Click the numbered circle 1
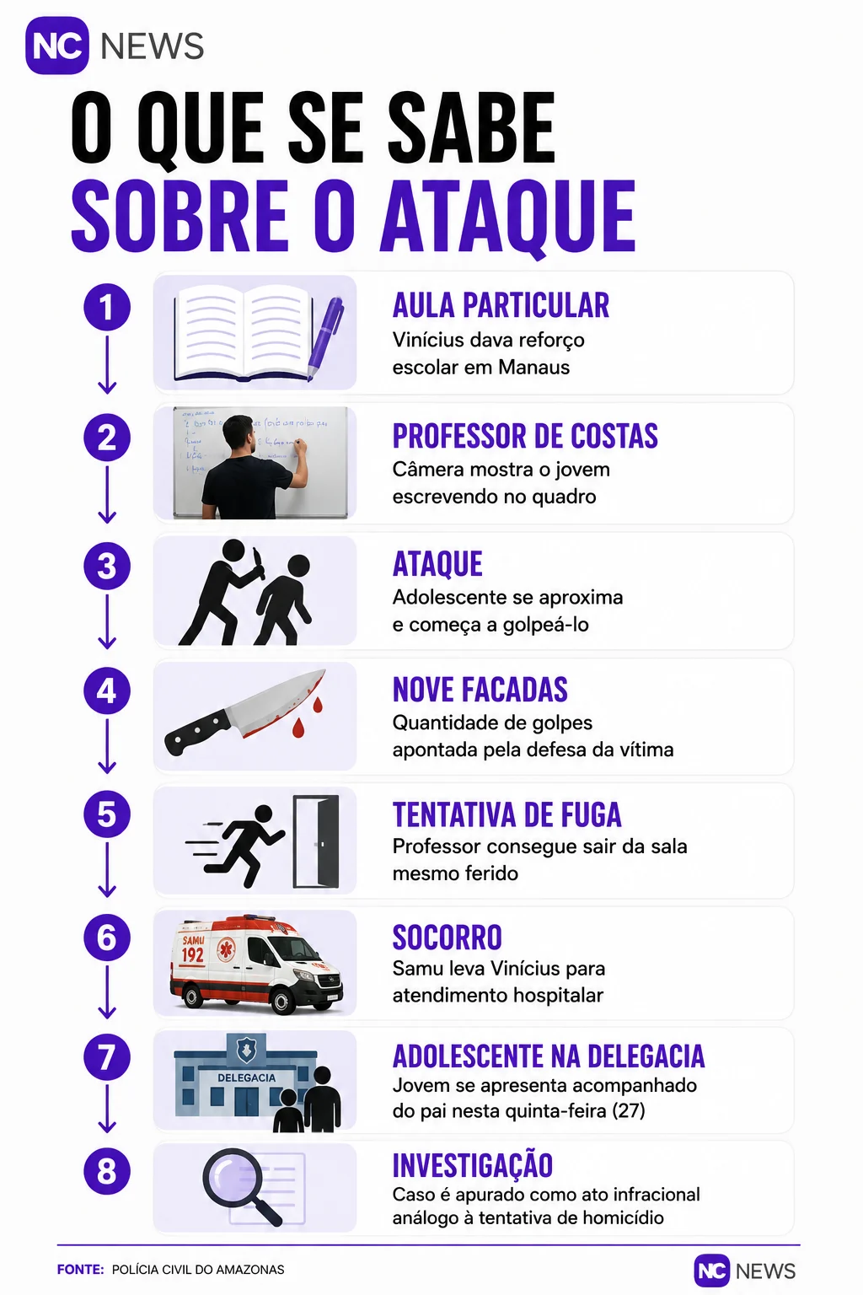coord(107,307)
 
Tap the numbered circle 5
coord(107,814)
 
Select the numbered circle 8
coord(107,1171)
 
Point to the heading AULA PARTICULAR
coord(501,305)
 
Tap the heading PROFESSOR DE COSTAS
coord(525,436)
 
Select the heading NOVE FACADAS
coord(480,689)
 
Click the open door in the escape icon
coord(315,841)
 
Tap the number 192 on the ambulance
coord(192,954)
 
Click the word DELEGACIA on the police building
coord(246,1077)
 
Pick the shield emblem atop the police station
coord(247,1049)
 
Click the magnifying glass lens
coord(233,1177)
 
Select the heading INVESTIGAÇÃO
coord(472,1165)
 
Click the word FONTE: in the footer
coord(80,1270)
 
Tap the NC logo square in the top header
coord(57,46)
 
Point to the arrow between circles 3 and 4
coord(107,621)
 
